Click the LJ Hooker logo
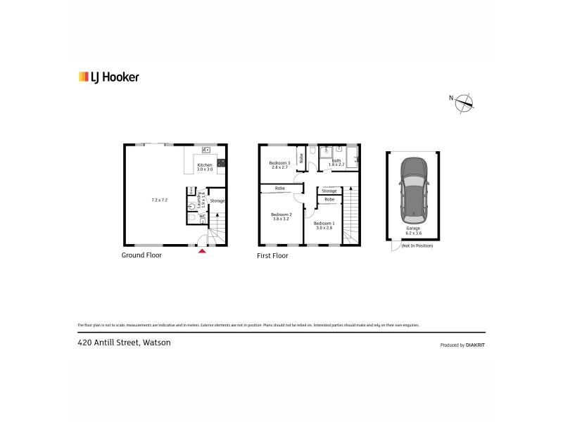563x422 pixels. (x=108, y=77)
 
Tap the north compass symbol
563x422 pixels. (x=464, y=103)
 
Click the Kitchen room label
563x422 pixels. (x=204, y=166)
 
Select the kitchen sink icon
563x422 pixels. (x=205, y=150)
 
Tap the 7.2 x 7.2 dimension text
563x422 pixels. (x=160, y=200)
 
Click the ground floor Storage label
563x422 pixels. (x=217, y=201)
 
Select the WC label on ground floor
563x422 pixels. (x=203, y=217)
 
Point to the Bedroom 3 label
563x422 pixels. (x=279, y=165)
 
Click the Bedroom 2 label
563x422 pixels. (x=281, y=216)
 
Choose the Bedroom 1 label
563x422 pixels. (x=324, y=224)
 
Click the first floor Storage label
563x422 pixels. (x=329, y=191)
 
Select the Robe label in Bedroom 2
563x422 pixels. (x=280, y=188)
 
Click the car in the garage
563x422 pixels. (x=413, y=188)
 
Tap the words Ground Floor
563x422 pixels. (x=141, y=255)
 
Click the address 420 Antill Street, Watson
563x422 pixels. (x=124, y=343)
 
